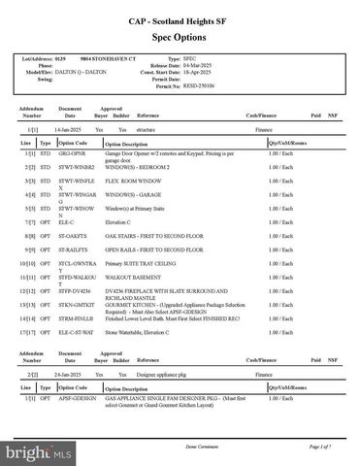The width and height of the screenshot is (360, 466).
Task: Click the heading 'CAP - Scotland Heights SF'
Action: [x=180, y=19]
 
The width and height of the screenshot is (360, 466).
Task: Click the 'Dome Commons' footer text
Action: [x=179, y=446]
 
